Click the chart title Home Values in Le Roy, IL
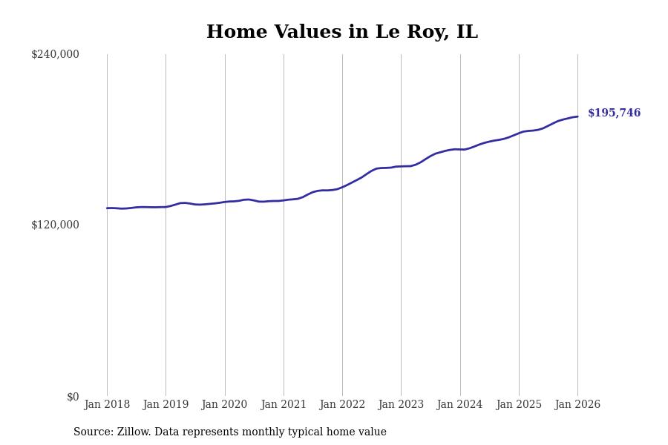click(342, 33)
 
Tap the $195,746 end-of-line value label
click(614, 113)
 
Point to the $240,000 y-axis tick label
click(55, 54)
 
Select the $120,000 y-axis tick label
click(55, 225)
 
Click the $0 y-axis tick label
click(73, 397)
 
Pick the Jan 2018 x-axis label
click(107, 405)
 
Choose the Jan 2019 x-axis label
click(166, 405)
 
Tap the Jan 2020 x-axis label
click(224, 405)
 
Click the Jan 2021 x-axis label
click(284, 405)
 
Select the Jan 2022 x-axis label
click(342, 405)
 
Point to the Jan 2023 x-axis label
click(401, 405)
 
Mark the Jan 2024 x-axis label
click(459, 405)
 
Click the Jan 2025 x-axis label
click(519, 405)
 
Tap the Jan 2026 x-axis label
click(577, 405)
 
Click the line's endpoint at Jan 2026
click(577, 116)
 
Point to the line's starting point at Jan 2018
click(107, 208)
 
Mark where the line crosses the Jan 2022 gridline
click(342, 187)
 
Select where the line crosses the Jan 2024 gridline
click(460, 150)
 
